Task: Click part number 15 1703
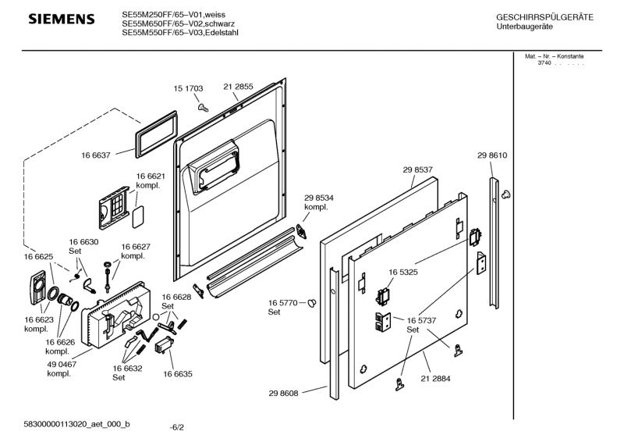(x=188, y=89)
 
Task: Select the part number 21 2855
(x=238, y=87)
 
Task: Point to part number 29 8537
(x=418, y=169)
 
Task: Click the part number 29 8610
(x=492, y=156)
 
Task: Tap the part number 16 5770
(x=283, y=302)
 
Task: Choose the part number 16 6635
(x=178, y=375)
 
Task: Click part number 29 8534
(x=319, y=198)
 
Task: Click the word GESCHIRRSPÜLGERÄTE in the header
(x=544, y=17)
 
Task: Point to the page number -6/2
(x=177, y=428)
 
